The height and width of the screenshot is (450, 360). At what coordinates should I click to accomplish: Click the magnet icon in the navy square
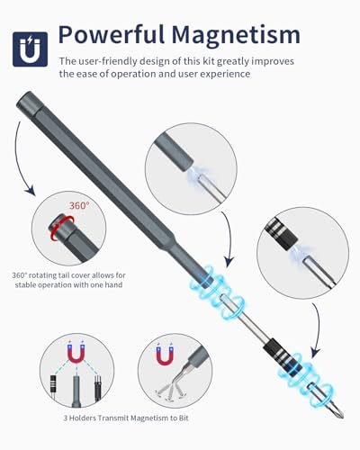click(x=30, y=49)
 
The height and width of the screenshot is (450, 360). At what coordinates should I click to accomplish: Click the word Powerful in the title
click(x=112, y=35)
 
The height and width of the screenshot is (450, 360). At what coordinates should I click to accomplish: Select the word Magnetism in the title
click(x=236, y=35)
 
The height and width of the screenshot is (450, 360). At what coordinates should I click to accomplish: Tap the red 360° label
click(x=79, y=206)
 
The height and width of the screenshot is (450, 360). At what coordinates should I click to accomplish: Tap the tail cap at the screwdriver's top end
click(x=25, y=100)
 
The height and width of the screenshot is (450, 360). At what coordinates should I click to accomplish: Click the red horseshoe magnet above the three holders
click(x=76, y=352)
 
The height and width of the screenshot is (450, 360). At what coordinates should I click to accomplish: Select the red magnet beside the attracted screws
click(x=165, y=355)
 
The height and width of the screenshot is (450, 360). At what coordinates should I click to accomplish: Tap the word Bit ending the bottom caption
click(x=183, y=418)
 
